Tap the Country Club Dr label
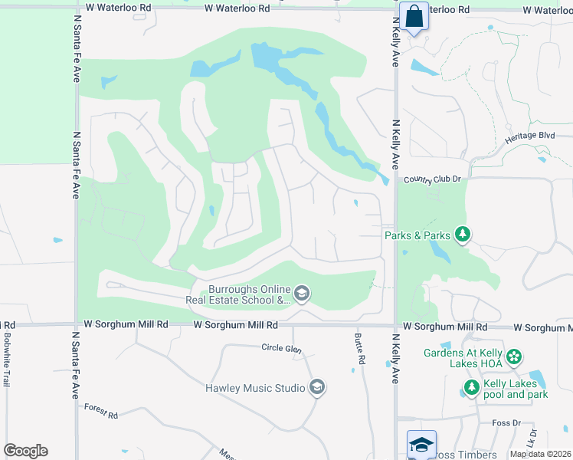click(x=434, y=179)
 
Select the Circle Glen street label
click(x=281, y=349)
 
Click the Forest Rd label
click(x=101, y=412)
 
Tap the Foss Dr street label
click(x=506, y=422)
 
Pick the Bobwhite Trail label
click(x=6, y=359)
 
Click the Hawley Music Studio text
click(x=255, y=387)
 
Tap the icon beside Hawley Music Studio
click(x=316, y=387)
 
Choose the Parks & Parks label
click(x=416, y=235)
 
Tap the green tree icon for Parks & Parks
click(x=462, y=235)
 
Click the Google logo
click(x=25, y=451)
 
